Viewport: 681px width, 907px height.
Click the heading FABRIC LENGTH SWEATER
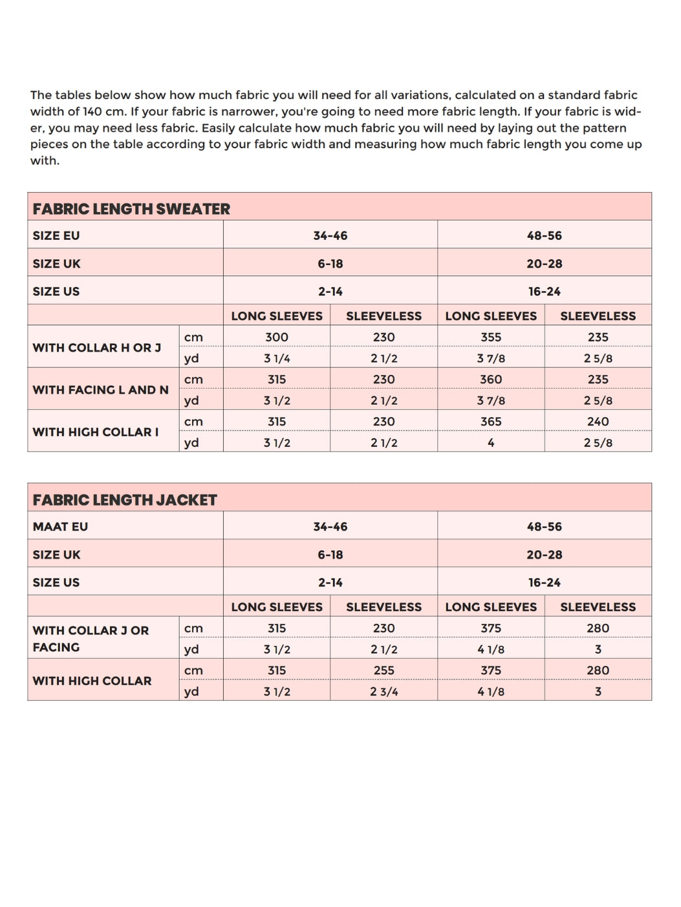tap(131, 209)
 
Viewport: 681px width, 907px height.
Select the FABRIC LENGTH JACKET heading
tap(125, 500)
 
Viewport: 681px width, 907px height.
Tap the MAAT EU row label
tap(60, 527)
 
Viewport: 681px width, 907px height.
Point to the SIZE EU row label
tap(56, 236)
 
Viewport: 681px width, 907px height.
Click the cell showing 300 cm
tap(277, 337)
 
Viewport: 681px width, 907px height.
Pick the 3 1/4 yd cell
tap(277, 359)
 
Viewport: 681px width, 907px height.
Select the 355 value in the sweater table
tap(491, 337)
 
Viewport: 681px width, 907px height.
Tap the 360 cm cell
tap(491, 379)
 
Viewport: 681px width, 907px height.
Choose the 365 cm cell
tap(491, 421)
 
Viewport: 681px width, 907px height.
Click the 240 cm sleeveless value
tap(598, 421)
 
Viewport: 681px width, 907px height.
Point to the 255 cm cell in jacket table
tap(384, 670)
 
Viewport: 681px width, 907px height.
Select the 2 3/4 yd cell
tap(384, 692)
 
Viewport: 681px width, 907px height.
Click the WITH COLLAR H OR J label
tap(97, 348)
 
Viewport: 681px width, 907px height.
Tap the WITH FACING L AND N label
tap(100, 390)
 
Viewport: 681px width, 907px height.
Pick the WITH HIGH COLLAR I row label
tap(96, 432)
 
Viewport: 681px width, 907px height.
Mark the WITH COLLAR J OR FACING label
tap(91, 639)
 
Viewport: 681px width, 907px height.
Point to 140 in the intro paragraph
tap(92, 111)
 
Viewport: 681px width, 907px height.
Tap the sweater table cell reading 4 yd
tap(491, 443)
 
